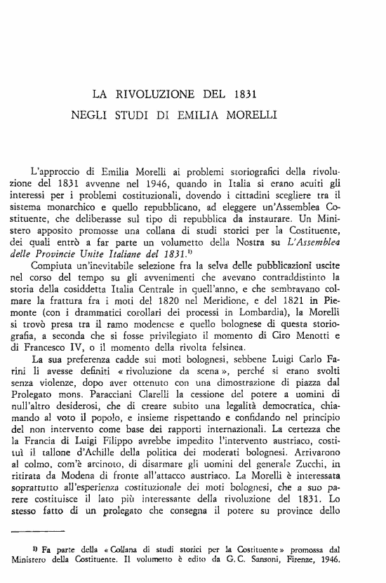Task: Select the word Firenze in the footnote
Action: click(298, 561)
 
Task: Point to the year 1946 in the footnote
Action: click(329, 561)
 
